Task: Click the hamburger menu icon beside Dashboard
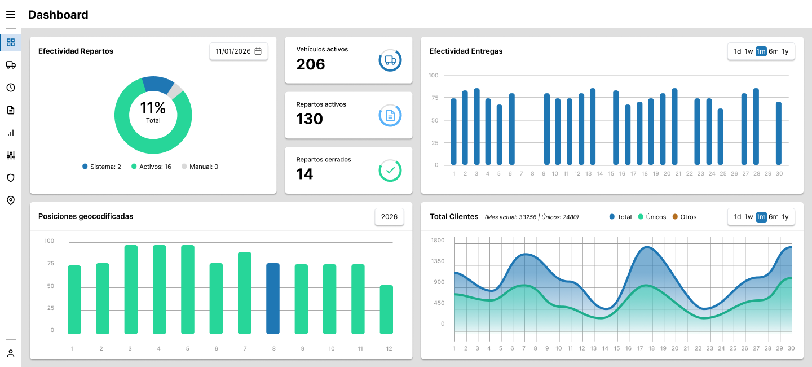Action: coord(11,15)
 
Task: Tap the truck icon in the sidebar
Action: coord(11,65)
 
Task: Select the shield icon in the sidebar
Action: coord(11,178)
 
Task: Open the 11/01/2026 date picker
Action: coord(239,51)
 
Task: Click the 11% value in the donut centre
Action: coord(153,108)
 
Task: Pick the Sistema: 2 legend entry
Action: coord(102,167)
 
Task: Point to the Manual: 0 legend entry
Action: coord(200,167)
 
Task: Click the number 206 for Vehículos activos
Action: coord(311,64)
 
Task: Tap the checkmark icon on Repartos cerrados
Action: coord(390,171)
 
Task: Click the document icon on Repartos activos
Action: coord(390,116)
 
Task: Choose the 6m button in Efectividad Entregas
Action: coord(774,51)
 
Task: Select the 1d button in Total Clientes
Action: coord(738,217)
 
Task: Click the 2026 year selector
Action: coord(389,217)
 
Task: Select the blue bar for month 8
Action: coord(273,299)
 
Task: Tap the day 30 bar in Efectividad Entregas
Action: coord(779,133)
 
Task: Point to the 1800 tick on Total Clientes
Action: coord(438,241)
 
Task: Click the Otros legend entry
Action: coord(685,217)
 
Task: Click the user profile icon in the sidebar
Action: coord(11,353)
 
